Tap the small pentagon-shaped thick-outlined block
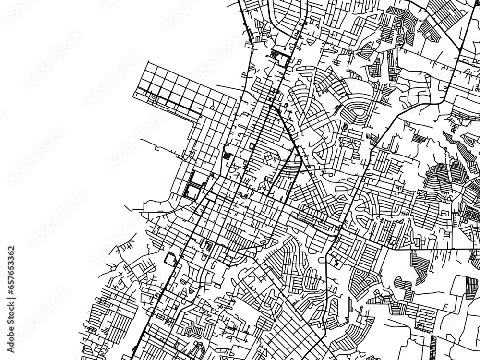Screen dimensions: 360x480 pos(171,259)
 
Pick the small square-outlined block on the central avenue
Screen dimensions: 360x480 pos(252,145)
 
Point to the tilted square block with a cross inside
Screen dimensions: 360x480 pos(227,156)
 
